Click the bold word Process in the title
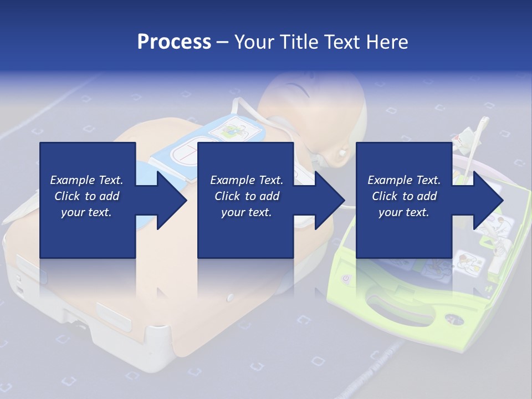point(174,42)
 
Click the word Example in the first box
point(68,180)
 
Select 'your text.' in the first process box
point(86,212)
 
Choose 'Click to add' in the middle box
point(247,196)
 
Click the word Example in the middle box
point(228,180)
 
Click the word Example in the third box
point(386,180)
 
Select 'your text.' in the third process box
point(404,212)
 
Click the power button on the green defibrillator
point(345,279)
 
